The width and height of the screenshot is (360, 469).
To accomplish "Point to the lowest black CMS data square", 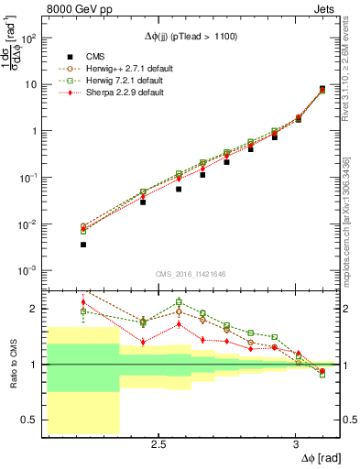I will pyautogui.click(x=83, y=245).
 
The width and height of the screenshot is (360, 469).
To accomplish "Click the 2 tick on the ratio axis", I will pyautogui.click(x=38, y=309).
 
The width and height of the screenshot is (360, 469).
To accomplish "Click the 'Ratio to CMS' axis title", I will pyautogui.click(x=11, y=364).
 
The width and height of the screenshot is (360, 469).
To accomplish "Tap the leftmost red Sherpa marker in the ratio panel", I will pyautogui.click(x=83, y=302).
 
